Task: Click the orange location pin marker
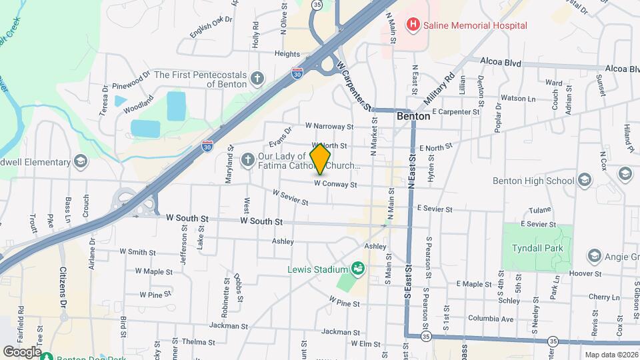(321, 159)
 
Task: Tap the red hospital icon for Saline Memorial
(413, 25)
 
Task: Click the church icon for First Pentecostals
(257, 80)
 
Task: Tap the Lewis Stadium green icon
(358, 269)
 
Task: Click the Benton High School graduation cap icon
(585, 181)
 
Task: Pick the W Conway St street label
(336, 184)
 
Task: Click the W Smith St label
(137, 253)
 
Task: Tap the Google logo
(22, 351)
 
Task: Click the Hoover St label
(587, 273)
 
